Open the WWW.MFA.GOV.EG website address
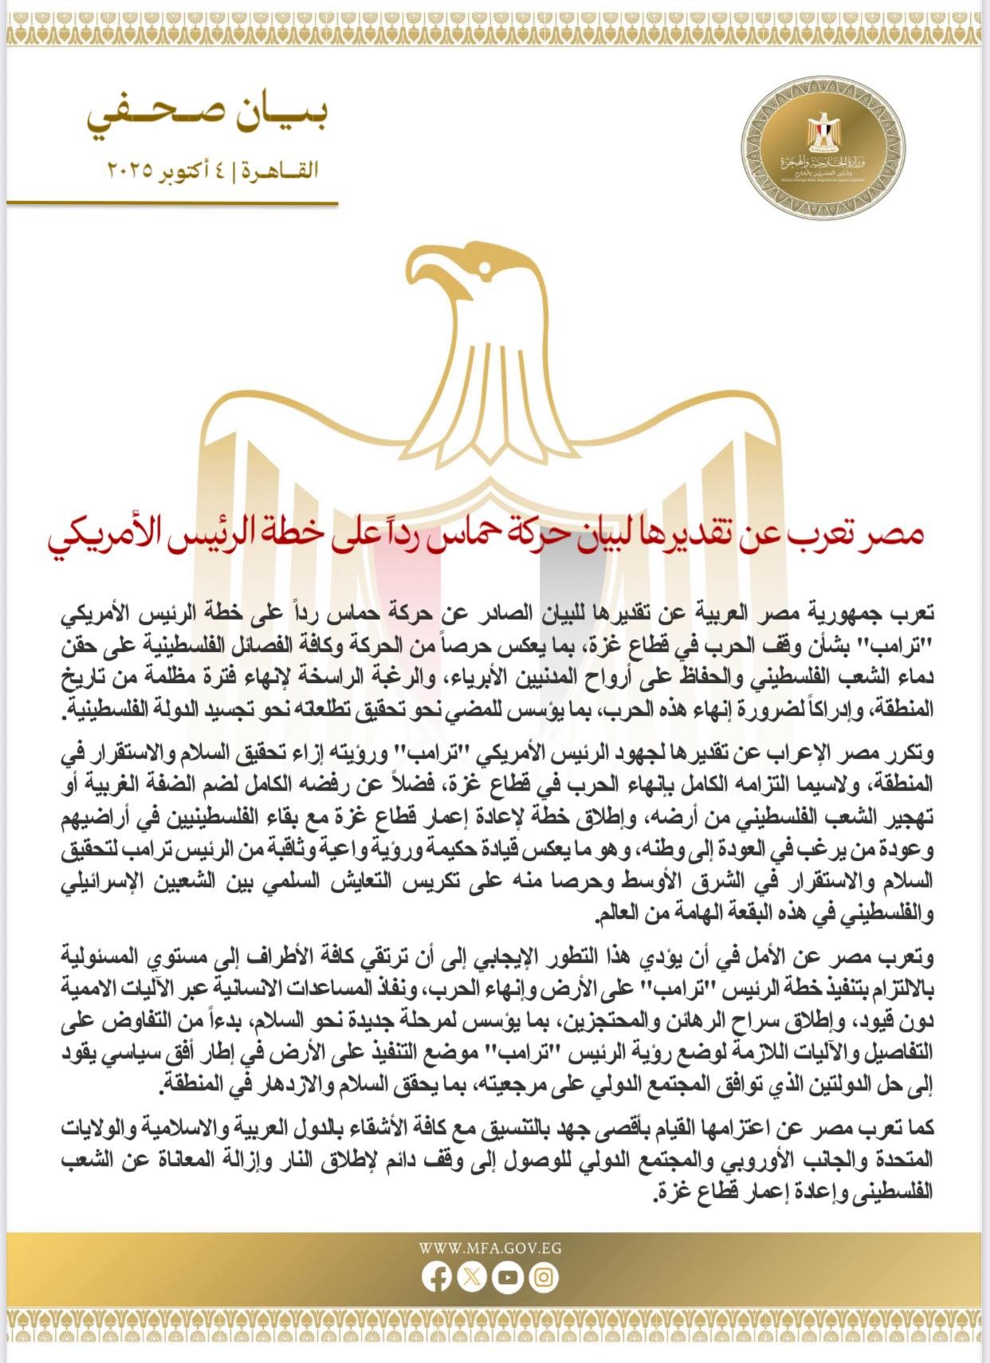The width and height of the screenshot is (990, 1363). click(489, 1247)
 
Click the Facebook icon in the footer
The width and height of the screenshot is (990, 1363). click(436, 1278)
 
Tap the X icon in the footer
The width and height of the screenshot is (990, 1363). click(472, 1278)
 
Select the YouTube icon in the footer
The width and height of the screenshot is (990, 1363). click(508, 1278)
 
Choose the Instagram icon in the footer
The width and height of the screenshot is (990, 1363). click(544, 1278)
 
